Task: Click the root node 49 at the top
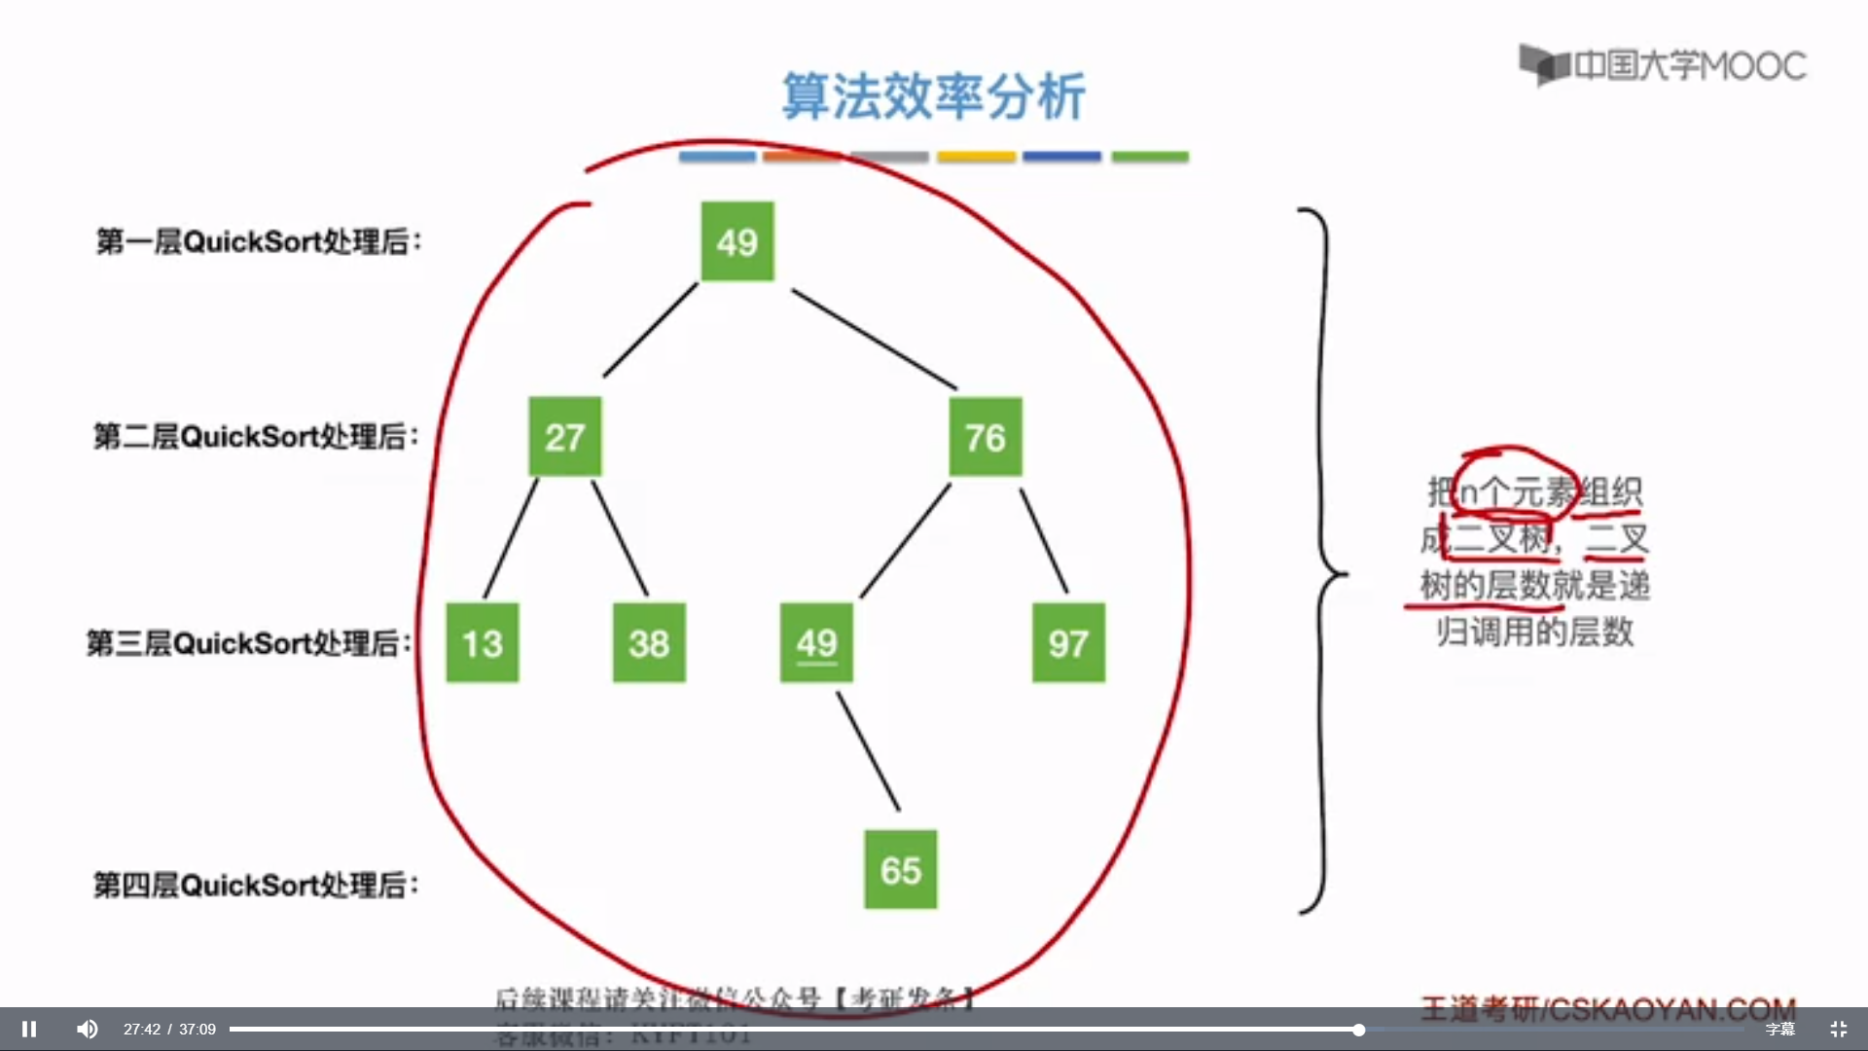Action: tap(737, 241)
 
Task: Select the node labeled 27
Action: tap(564, 437)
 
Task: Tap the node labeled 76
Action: tap(985, 437)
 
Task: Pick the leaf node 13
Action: tap(482, 643)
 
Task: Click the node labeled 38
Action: tap(649, 643)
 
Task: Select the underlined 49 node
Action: tap(816, 643)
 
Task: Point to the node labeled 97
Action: tap(1068, 643)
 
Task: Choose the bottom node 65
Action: tap(900, 870)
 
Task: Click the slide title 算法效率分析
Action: tap(934, 96)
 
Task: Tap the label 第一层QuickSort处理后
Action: tap(259, 241)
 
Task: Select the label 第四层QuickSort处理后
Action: tap(256, 885)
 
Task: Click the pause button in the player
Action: tap(29, 1029)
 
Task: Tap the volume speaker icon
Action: tap(88, 1029)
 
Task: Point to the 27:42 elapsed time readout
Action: tap(142, 1030)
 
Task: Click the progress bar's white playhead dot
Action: tap(1358, 1030)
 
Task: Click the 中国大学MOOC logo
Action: tap(1663, 65)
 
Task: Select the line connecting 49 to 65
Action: tap(868, 751)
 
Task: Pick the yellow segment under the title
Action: tap(976, 157)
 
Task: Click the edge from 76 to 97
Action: tap(1043, 540)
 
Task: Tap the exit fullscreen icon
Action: tap(1838, 1029)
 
